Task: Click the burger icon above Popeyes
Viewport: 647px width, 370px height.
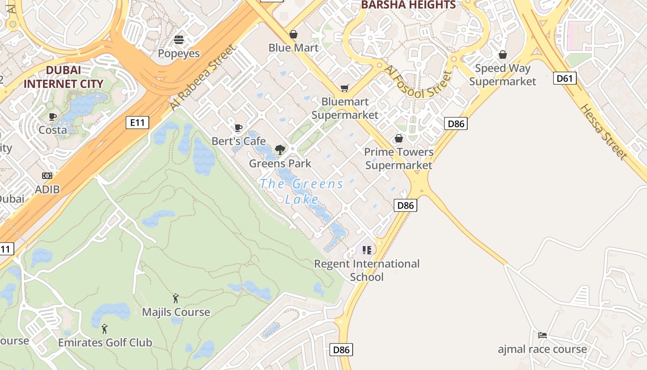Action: tap(179, 40)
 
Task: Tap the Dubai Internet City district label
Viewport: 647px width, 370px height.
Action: tap(63, 77)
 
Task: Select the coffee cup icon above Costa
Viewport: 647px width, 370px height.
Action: tap(53, 117)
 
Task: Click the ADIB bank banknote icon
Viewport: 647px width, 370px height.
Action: tap(47, 176)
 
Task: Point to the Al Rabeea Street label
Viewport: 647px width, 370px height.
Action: tap(202, 78)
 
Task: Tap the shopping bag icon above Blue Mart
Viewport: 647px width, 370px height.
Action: tap(293, 34)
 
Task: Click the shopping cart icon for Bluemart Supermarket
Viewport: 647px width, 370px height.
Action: tap(344, 88)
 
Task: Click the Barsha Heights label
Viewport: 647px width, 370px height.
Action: tap(408, 5)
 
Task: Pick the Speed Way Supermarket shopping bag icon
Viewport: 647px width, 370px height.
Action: tap(503, 55)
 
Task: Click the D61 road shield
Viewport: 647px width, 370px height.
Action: tap(565, 78)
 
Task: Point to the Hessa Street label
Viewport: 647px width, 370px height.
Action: tap(603, 132)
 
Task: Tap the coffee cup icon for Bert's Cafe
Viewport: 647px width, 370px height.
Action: tap(238, 128)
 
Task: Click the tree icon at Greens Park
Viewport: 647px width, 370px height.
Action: tap(280, 149)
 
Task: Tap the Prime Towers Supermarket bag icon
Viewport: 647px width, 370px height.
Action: tap(399, 138)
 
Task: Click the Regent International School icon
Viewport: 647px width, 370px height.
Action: tap(367, 250)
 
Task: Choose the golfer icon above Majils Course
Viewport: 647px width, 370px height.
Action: tap(176, 298)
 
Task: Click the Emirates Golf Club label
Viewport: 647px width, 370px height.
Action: tap(105, 343)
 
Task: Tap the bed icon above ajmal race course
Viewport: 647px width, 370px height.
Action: tap(543, 335)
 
